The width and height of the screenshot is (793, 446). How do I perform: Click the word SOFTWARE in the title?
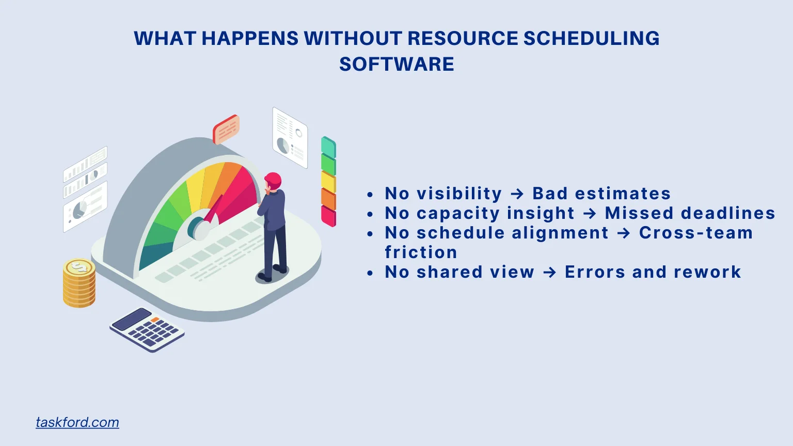click(396, 65)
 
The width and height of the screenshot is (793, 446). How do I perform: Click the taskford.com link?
click(77, 422)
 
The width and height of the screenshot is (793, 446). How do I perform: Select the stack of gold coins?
click(79, 283)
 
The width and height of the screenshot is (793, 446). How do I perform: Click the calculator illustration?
click(147, 330)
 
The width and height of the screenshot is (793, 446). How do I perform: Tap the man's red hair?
click(273, 179)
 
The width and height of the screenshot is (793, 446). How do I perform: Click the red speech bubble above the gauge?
click(226, 129)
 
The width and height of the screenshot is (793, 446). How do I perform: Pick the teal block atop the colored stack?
click(328, 147)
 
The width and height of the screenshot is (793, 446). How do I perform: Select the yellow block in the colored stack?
click(328, 182)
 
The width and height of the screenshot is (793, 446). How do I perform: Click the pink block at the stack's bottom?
click(328, 215)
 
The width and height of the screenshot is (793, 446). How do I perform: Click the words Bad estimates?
click(601, 194)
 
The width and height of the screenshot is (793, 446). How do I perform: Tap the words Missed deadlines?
click(690, 213)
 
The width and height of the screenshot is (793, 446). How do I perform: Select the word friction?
click(421, 252)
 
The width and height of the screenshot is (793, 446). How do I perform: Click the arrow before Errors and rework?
click(550, 272)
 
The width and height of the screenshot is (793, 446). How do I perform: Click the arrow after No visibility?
click(517, 194)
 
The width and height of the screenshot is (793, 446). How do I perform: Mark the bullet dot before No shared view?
click(370, 273)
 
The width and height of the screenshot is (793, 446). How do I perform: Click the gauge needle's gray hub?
click(199, 228)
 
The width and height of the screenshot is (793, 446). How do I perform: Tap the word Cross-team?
click(695, 233)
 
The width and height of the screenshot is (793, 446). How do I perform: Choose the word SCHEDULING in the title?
click(591, 39)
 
